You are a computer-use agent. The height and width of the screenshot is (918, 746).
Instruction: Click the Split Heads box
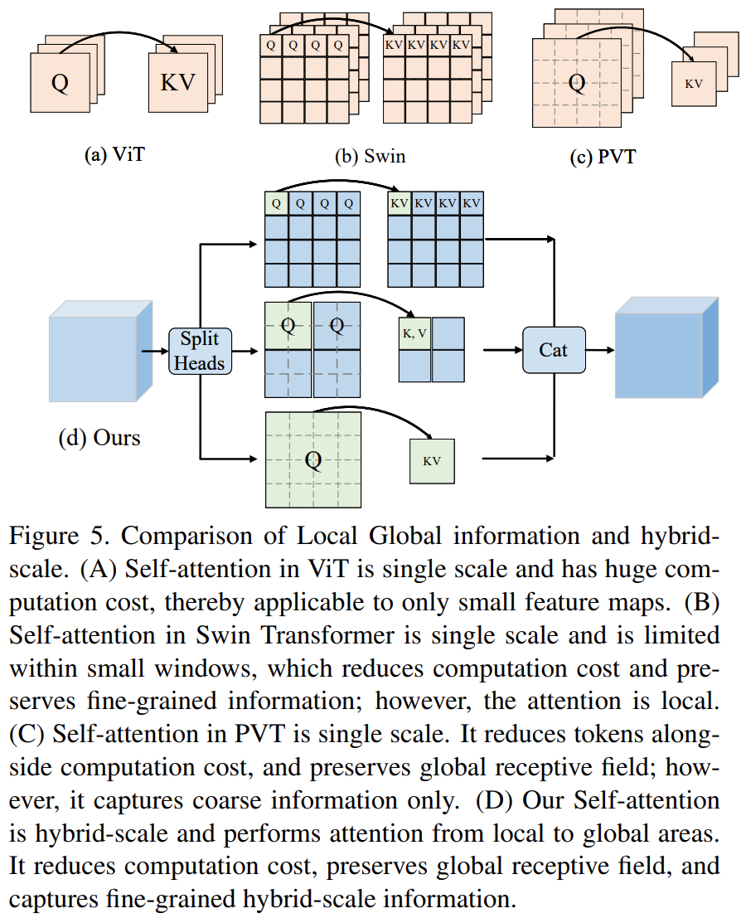pyautogui.click(x=200, y=350)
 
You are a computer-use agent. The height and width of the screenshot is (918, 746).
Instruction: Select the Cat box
pyautogui.click(x=553, y=350)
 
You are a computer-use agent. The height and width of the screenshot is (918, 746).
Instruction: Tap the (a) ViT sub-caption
pyautogui.click(x=115, y=154)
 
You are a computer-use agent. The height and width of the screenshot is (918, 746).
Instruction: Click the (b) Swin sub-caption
pyautogui.click(x=370, y=155)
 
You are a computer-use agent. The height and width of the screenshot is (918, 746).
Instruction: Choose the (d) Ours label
pyautogui.click(x=99, y=438)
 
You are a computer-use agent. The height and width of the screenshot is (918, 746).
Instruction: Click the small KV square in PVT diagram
pyautogui.click(x=693, y=84)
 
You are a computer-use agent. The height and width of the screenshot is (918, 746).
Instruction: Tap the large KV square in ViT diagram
pyautogui.click(x=177, y=84)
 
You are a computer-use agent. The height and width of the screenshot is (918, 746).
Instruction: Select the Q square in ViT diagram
pyautogui.click(x=59, y=84)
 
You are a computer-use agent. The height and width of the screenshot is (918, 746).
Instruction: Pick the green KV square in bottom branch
pyautogui.click(x=432, y=461)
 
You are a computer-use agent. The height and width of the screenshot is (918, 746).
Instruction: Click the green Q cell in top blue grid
pyautogui.click(x=276, y=202)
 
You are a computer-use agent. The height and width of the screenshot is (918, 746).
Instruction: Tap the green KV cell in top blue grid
pyautogui.click(x=400, y=202)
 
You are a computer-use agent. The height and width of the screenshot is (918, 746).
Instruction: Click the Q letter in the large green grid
pyautogui.click(x=312, y=460)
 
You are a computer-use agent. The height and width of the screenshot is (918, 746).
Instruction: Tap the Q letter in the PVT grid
pyautogui.click(x=576, y=81)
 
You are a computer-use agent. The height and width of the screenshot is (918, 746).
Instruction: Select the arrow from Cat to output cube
pyautogui.click(x=599, y=351)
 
